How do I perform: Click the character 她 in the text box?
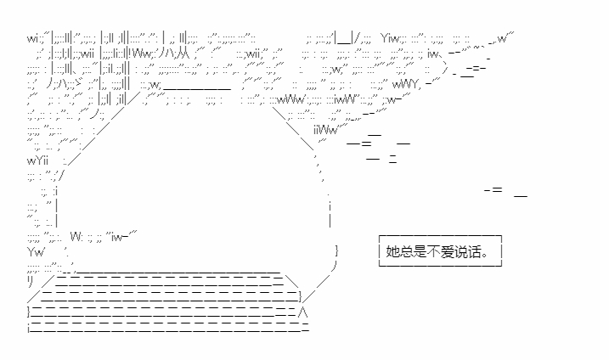(x=392, y=251)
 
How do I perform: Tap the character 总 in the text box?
(x=406, y=251)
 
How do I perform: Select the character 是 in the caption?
(x=420, y=251)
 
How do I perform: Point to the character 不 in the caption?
(x=433, y=251)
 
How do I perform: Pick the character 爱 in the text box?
(x=447, y=251)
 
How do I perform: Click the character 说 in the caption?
(x=460, y=251)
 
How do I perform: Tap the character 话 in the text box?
(x=474, y=251)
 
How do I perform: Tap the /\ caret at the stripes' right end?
(x=305, y=312)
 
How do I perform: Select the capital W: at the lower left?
(x=76, y=237)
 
